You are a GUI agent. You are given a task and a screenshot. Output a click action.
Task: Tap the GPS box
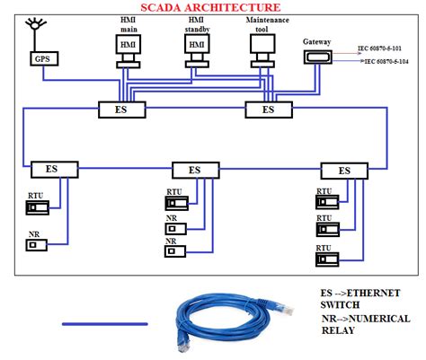point(42,60)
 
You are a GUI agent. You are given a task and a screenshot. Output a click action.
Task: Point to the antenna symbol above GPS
point(37,27)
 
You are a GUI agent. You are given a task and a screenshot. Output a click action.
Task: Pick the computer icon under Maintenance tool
point(262,56)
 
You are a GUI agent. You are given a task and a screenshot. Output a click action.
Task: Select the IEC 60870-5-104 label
point(393,63)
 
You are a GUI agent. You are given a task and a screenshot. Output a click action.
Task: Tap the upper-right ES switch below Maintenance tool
point(268,110)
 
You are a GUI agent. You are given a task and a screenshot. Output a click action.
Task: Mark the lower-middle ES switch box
point(195,169)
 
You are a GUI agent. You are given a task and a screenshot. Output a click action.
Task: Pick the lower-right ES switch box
point(344,170)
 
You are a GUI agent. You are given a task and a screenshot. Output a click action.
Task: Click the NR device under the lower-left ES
point(37,244)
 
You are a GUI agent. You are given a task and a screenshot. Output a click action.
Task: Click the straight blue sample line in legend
point(104,322)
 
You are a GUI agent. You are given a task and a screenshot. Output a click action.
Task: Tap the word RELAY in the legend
point(339,329)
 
